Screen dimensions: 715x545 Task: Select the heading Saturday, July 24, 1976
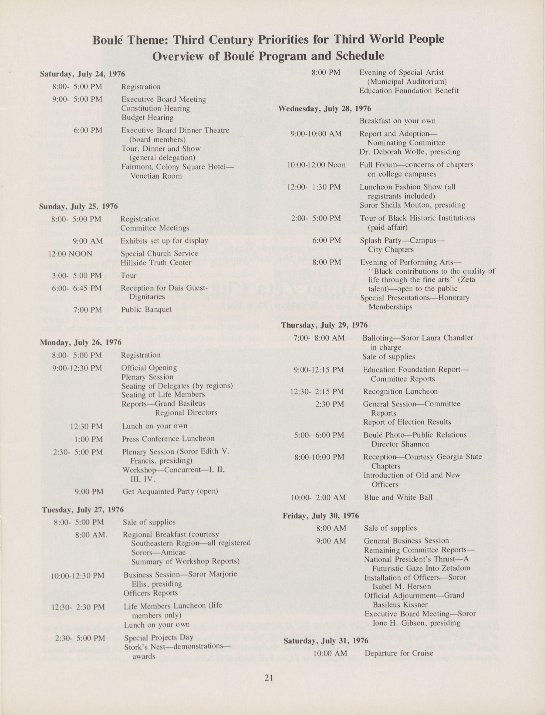point(82,74)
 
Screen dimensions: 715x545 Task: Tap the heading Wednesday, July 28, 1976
point(324,109)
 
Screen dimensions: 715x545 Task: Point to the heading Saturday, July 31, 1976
point(326,641)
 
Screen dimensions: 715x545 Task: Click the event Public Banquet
point(146,310)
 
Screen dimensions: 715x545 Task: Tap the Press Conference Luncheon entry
point(168,439)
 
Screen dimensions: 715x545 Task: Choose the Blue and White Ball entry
point(398,497)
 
